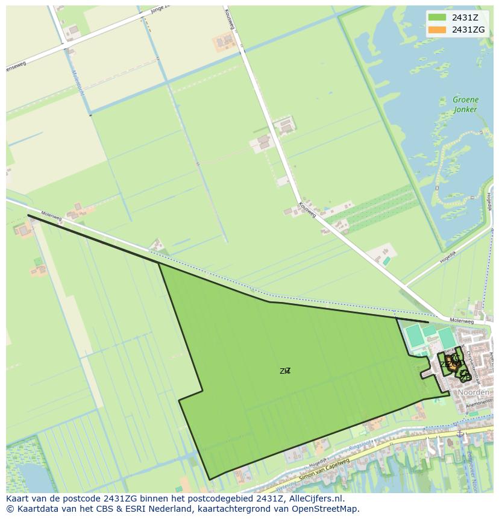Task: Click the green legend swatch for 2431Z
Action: pyautogui.click(x=437, y=17)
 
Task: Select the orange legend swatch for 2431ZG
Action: pyautogui.click(x=437, y=30)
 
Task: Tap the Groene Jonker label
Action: pyautogui.click(x=465, y=104)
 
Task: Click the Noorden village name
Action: pyautogui.click(x=473, y=392)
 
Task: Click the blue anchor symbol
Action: pyautogui.click(x=460, y=433)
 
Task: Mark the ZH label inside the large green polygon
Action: pyautogui.click(x=285, y=371)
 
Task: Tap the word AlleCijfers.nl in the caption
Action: pyautogui.click(x=315, y=499)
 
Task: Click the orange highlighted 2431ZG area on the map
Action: pyautogui.click(x=450, y=362)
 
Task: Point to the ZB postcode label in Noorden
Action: pyautogui.click(x=465, y=377)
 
